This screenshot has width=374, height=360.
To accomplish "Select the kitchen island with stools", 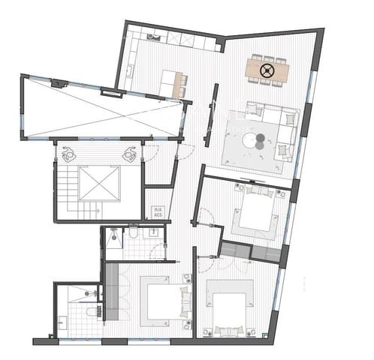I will (172, 83).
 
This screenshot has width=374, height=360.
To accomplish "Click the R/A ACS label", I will (158, 212).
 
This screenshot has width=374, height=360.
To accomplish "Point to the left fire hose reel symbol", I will (69, 154).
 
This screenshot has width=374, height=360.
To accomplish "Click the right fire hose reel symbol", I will (128, 154).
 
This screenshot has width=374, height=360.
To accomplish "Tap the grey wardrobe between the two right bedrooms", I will (252, 250).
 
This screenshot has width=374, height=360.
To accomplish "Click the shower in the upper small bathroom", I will (114, 238).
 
